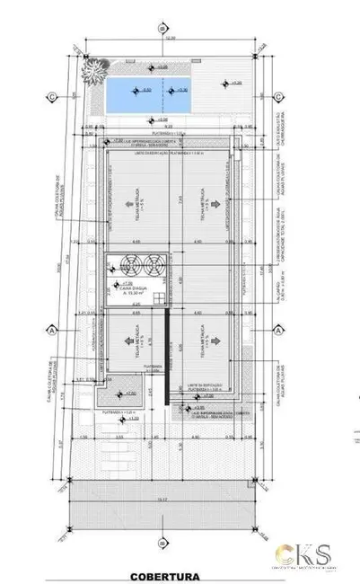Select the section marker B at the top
[x=162, y=28]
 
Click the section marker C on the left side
[x=54, y=96]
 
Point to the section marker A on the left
[x=54, y=330]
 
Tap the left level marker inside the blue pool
[x=137, y=91]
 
